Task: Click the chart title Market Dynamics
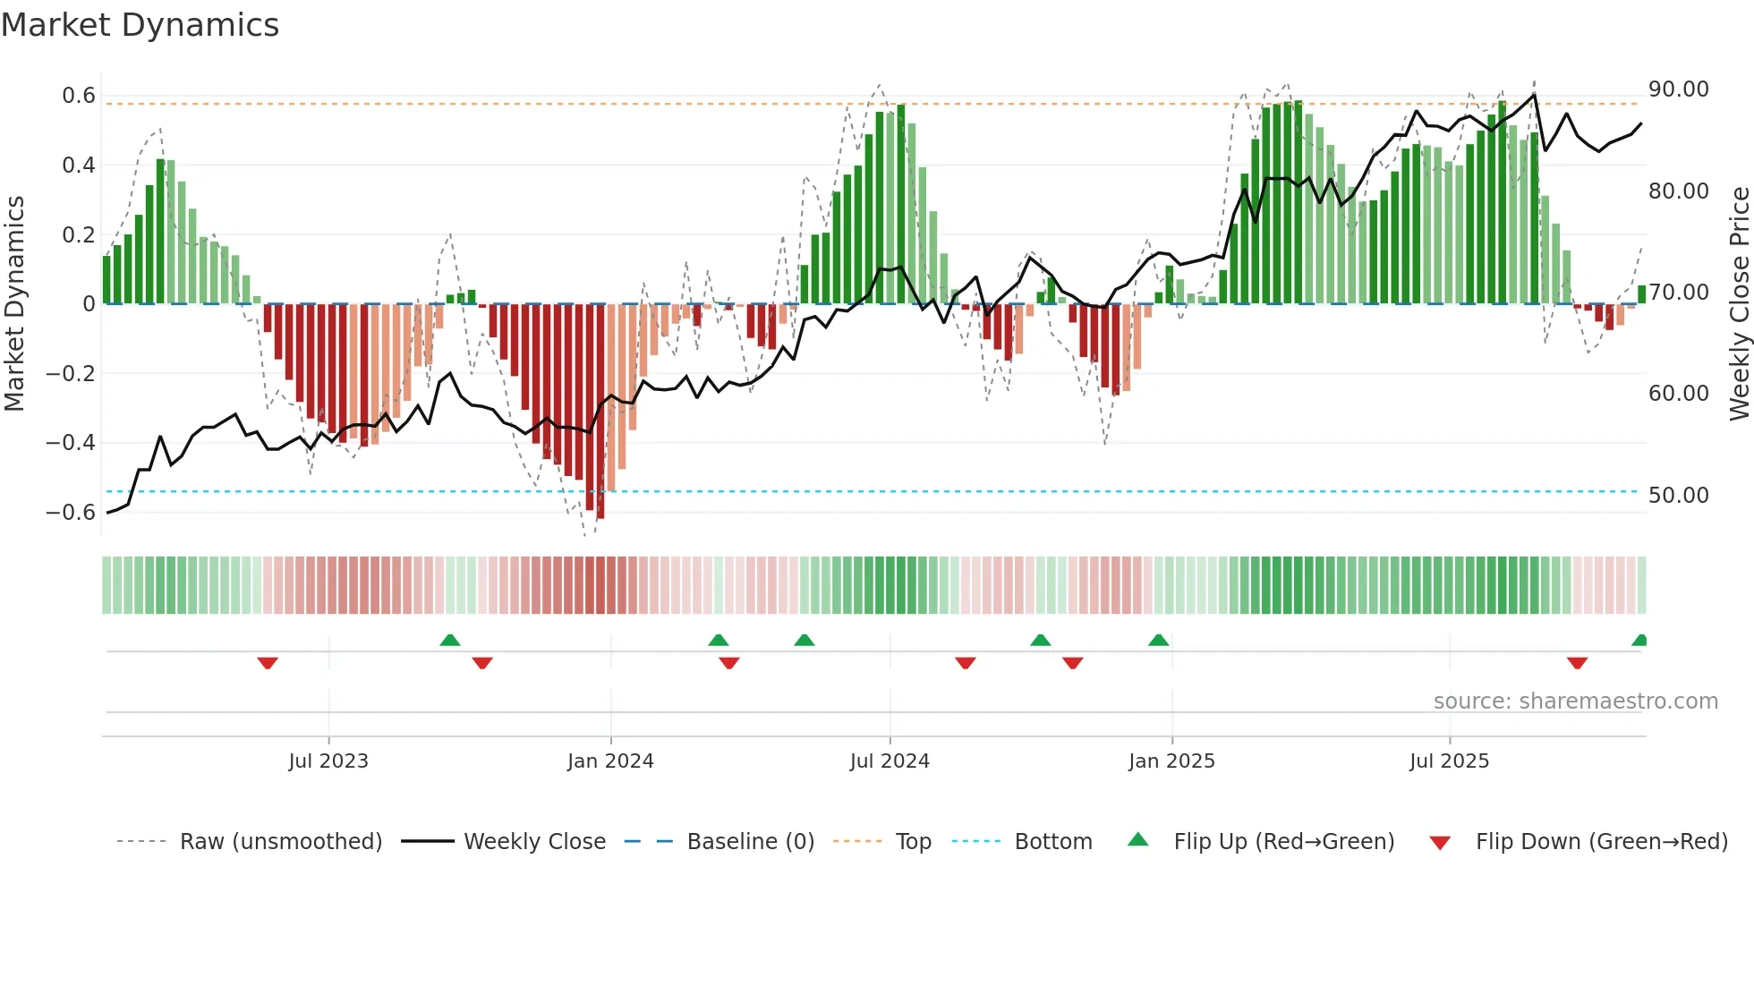[x=140, y=25]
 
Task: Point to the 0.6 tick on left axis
[x=79, y=96]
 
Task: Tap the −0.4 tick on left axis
[x=71, y=443]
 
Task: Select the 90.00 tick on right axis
[x=1679, y=89]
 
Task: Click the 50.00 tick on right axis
[x=1679, y=496]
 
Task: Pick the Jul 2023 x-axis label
[x=328, y=761]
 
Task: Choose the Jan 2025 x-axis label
[x=1171, y=761]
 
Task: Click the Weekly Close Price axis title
[x=1739, y=304]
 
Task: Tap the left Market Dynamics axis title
[x=15, y=304]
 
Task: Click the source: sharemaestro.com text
[x=1575, y=701]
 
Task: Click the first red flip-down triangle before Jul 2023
[x=268, y=663]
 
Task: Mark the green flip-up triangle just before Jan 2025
[x=1158, y=640]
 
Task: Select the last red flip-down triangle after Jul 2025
[x=1577, y=663]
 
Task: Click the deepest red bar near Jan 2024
[x=600, y=412]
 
